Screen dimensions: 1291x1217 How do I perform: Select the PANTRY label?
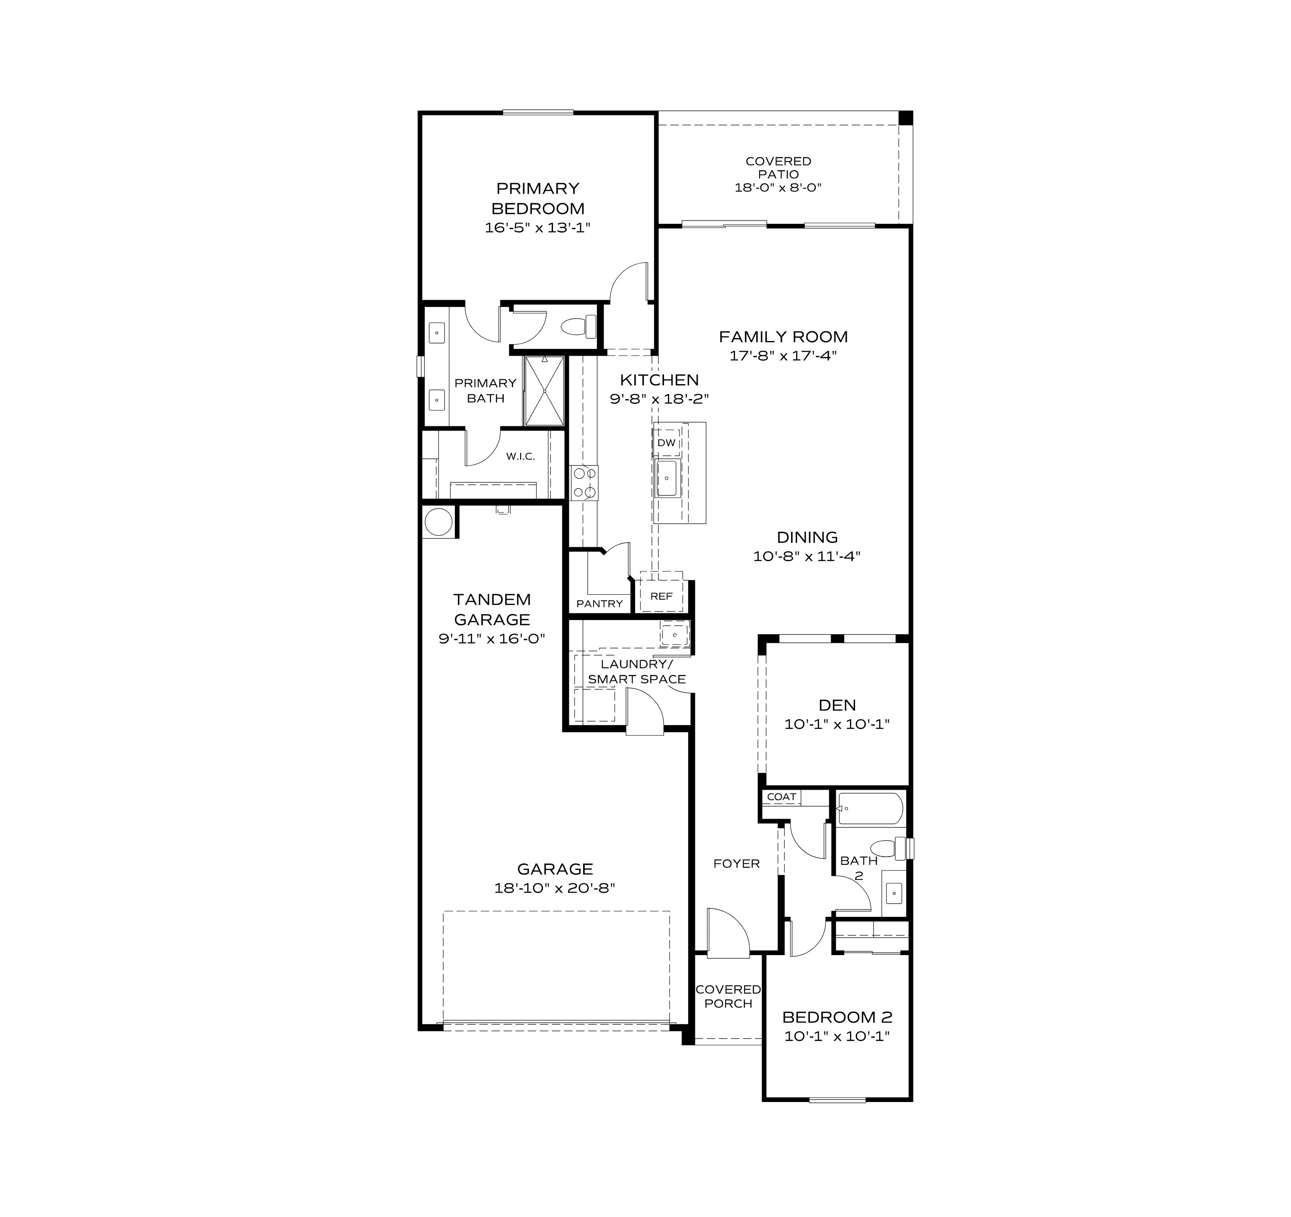pyautogui.click(x=599, y=604)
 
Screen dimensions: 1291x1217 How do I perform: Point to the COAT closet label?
pyautogui.click(x=781, y=797)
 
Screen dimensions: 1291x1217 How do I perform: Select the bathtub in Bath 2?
pyautogui.click(x=870, y=808)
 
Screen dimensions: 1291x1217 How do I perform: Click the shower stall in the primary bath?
pyautogui.click(x=544, y=391)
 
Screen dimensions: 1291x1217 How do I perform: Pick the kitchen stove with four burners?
pyautogui.click(x=584, y=483)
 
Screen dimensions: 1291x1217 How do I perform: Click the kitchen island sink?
pyautogui.click(x=666, y=478)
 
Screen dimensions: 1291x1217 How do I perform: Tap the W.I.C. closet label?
pyautogui.click(x=521, y=457)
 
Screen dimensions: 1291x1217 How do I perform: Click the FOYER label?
pyautogui.click(x=736, y=863)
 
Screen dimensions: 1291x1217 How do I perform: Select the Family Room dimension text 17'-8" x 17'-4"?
pyautogui.click(x=783, y=355)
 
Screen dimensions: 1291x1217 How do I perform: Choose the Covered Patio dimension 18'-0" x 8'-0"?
pyautogui.click(x=778, y=188)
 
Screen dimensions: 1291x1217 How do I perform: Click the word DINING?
pyautogui.click(x=807, y=537)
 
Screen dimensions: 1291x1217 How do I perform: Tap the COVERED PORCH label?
pyautogui.click(x=728, y=996)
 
